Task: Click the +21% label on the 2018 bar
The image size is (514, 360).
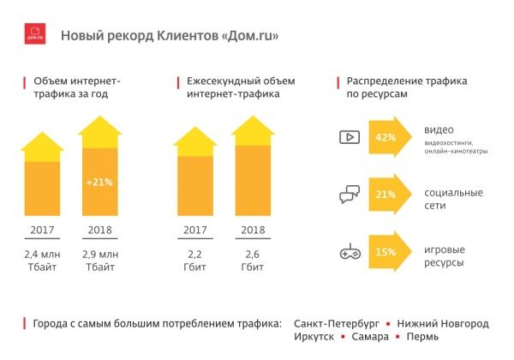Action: [x=100, y=182]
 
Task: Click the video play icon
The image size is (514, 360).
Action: [x=350, y=137]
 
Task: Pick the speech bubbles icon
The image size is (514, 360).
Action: [x=350, y=195]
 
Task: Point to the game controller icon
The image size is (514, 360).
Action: [x=350, y=253]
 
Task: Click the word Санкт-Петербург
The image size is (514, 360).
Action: [x=335, y=324]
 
